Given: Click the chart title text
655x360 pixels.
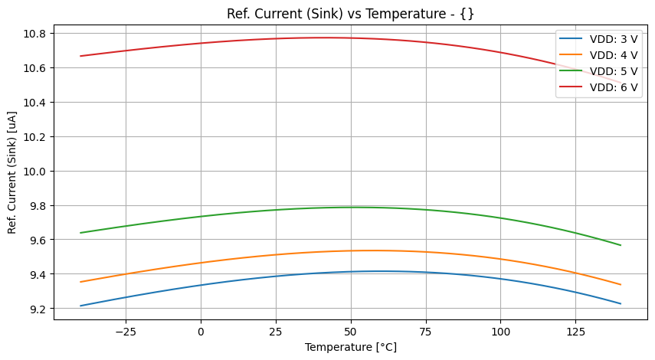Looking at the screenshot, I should [350, 14].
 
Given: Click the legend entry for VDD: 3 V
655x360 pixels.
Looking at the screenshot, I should [613, 38].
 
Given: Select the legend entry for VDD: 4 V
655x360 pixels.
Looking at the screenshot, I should [613, 54].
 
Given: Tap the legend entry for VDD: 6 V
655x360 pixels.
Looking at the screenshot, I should [613, 87].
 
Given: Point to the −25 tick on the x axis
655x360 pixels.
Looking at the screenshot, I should [125, 332].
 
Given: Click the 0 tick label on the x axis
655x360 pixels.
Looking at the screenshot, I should [201, 332].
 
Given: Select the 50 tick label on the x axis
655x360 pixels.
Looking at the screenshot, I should [351, 332].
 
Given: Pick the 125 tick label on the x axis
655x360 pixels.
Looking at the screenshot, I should [575, 332].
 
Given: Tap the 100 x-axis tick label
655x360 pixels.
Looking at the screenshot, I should [500, 332].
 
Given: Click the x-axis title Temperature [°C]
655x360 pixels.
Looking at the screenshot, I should [350, 347].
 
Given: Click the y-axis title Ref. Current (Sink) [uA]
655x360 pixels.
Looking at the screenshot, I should [12, 172].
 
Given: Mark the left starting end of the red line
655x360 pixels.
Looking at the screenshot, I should [81, 56].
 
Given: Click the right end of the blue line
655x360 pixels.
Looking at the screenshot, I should [621, 304].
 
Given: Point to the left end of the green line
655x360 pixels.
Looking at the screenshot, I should [81, 233].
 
